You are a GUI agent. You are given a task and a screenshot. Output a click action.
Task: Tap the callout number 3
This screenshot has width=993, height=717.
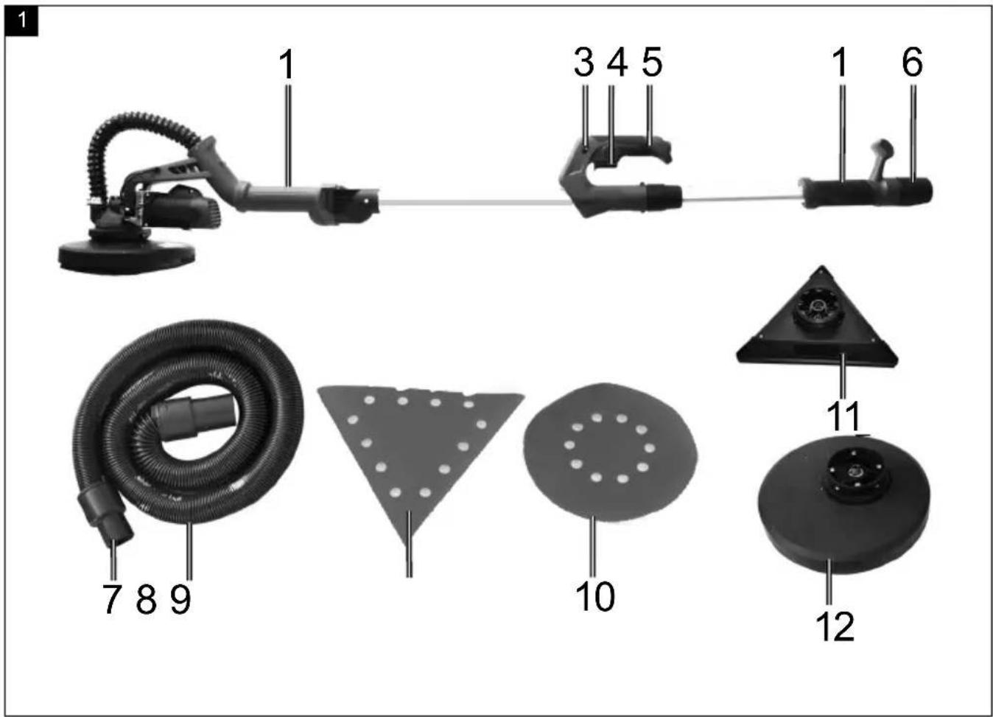pos(584,63)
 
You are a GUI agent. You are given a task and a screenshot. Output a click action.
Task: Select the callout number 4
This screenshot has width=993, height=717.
pos(617,63)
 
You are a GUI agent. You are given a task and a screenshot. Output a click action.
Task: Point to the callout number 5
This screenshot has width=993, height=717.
pos(652,63)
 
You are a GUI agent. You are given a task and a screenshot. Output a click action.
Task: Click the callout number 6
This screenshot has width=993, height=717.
pos(913,63)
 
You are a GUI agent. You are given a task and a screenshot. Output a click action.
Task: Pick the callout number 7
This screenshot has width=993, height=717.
pos(112,599)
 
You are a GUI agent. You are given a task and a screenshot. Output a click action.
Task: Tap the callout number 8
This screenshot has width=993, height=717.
pos(147,599)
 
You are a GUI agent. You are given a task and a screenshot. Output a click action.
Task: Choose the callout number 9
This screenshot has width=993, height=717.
pos(180,599)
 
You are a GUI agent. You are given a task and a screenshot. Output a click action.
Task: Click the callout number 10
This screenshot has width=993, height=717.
pos(595,596)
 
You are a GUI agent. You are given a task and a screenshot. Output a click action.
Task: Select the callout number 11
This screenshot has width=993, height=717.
pos(843,416)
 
